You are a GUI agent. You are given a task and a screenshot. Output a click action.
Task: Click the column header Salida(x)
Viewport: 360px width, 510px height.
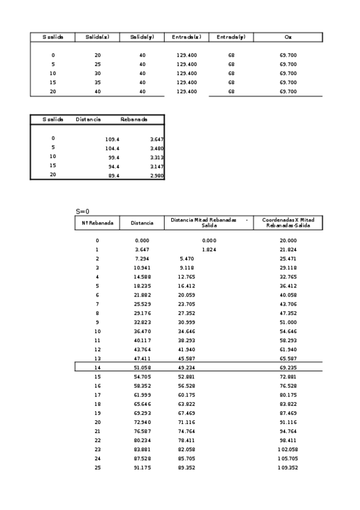[x=97, y=37]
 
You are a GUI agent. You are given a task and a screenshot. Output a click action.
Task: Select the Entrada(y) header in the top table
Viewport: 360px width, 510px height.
[x=231, y=37]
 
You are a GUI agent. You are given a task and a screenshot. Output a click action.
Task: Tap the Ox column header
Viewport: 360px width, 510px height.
[x=288, y=37]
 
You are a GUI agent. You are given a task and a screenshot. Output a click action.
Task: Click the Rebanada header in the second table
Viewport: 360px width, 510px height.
[x=133, y=120]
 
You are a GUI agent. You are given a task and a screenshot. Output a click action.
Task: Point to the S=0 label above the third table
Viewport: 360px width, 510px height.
[x=82, y=211]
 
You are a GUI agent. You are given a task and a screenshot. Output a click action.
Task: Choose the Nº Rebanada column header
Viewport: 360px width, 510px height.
[x=97, y=223]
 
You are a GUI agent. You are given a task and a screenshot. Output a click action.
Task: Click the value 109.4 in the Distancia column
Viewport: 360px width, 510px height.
[x=112, y=138]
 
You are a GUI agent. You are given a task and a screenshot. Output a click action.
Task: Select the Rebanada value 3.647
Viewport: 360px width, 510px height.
[x=156, y=138]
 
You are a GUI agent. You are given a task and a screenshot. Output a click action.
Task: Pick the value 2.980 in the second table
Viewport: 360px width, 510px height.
[x=156, y=175]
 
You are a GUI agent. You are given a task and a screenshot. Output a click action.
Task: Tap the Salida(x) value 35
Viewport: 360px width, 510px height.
[x=97, y=82]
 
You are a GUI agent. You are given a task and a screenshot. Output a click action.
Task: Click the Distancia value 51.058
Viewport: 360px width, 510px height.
[x=142, y=367]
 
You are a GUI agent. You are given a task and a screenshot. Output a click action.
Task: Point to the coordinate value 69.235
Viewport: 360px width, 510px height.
[x=288, y=367]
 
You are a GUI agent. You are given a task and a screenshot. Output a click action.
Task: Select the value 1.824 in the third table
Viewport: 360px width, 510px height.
[x=209, y=250]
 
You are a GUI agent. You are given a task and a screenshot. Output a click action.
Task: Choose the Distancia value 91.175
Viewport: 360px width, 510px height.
[x=142, y=468]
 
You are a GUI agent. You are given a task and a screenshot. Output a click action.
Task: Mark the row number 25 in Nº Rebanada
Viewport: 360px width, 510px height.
[x=97, y=468]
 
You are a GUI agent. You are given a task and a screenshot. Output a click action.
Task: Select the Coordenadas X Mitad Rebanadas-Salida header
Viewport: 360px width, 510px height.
[x=288, y=223]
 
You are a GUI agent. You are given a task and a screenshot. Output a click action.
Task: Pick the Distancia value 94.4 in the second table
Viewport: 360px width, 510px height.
[x=112, y=166]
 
